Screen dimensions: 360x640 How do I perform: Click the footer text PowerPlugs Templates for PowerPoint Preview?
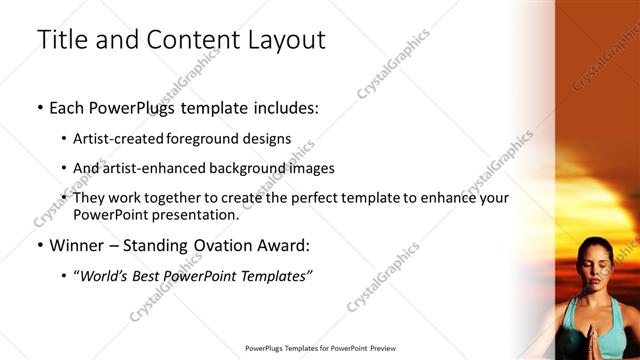(x=319, y=348)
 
